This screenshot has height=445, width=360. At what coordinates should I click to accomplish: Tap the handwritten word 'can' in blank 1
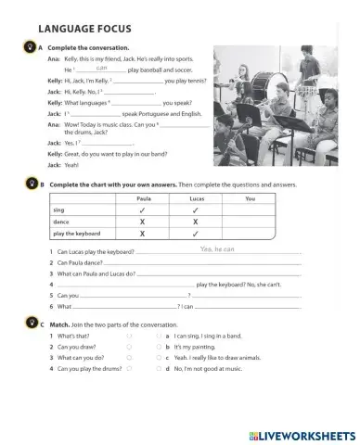point(103,68)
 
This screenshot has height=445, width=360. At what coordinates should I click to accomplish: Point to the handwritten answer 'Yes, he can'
point(217,249)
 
